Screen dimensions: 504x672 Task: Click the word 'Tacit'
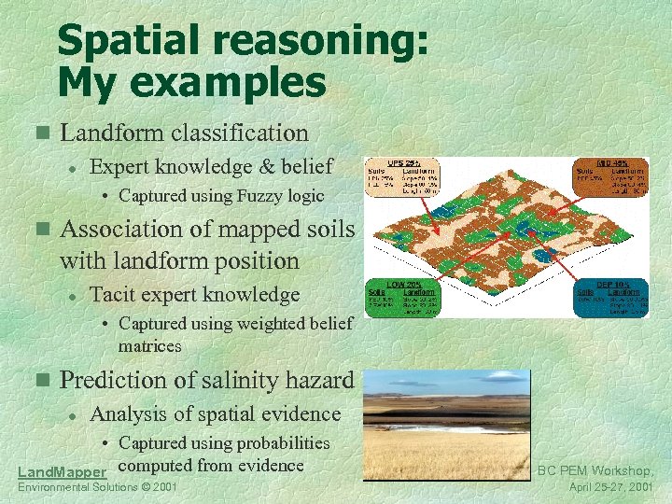tap(112, 295)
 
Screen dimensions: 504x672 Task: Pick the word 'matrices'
tap(149, 345)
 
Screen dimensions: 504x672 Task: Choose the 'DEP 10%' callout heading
tap(611, 284)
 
